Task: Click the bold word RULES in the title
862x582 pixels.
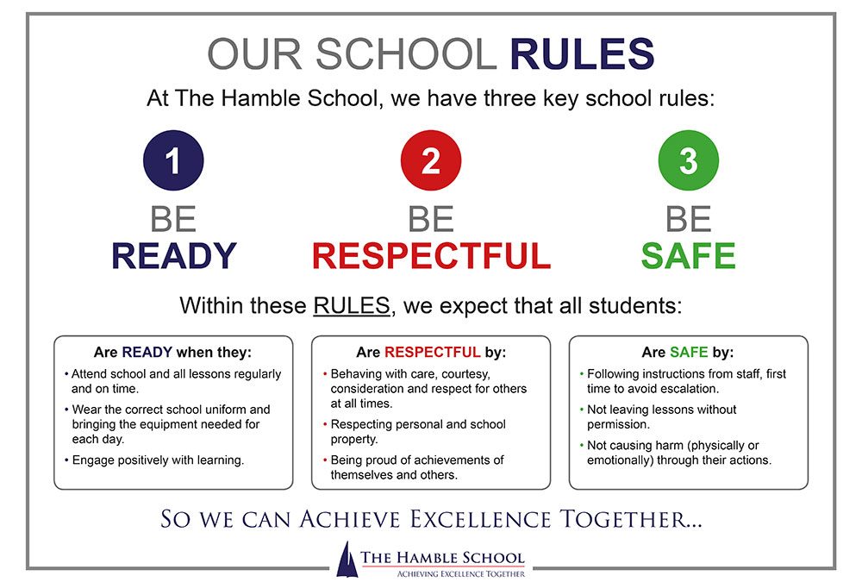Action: [582, 54]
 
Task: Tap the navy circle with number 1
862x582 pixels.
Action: [173, 160]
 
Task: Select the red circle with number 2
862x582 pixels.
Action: [431, 160]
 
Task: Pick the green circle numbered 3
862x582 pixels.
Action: [688, 160]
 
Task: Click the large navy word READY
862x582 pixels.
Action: [174, 256]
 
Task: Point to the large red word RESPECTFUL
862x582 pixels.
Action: [431, 256]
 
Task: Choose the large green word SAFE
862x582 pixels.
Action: [688, 256]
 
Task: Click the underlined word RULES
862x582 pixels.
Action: [352, 306]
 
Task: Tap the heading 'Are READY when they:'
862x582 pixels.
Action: [172, 352]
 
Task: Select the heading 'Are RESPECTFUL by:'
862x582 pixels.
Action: [431, 352]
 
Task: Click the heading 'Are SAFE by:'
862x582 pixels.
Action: [688, 352]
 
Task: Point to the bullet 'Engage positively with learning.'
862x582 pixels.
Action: [154, 460]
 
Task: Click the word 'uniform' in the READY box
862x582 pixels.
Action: [225, 410]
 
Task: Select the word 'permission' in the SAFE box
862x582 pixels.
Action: [618, 425]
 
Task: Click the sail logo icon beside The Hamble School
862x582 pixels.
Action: [347, 559]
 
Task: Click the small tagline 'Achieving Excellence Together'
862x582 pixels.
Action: [460, 573]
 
